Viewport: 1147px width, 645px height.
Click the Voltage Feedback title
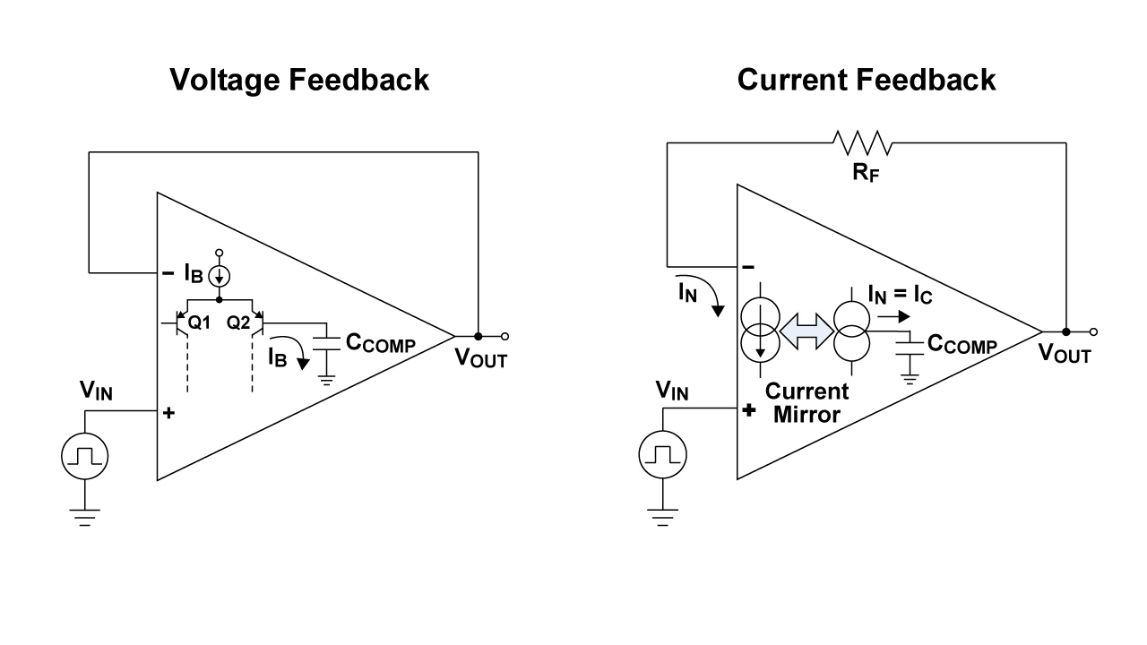(299, 80)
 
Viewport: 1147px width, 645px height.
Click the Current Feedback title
(866, 80)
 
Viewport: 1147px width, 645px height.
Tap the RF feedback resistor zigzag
(861, 142)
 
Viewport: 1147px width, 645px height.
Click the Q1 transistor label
(199, 323)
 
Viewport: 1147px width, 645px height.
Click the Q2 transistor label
(238, 323)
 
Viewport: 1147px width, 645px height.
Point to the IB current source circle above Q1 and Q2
(220, 277)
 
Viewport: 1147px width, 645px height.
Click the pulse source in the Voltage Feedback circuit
(84, 458)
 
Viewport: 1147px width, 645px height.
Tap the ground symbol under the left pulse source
(84, 516)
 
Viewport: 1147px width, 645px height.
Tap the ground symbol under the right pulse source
(662, 516)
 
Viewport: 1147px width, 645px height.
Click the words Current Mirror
(806, 403)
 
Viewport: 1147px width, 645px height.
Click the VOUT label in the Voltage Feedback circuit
(480, 358)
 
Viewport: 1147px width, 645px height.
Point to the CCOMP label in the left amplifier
(380, 343)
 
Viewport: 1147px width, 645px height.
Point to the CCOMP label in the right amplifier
(962, 344)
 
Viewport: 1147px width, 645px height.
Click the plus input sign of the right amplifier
(750, 412)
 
